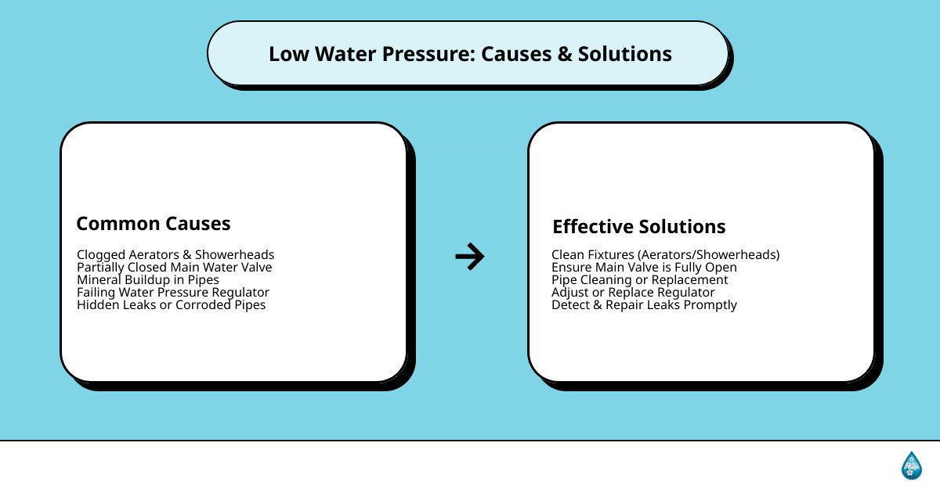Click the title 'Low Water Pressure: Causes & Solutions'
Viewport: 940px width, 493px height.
470,54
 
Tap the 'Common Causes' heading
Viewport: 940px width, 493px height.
154,224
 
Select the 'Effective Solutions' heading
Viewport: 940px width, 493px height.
639,227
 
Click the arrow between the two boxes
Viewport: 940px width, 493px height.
470,256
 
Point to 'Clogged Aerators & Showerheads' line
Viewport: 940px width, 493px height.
175,255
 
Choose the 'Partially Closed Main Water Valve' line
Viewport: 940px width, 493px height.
174,268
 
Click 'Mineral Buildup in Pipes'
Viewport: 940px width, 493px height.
148,280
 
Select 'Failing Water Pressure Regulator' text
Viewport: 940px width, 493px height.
173,293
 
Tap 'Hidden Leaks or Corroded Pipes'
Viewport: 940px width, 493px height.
172,305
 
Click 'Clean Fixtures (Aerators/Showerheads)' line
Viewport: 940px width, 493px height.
666,255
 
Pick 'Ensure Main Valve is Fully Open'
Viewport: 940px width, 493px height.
644,268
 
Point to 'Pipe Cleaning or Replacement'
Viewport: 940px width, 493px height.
640,280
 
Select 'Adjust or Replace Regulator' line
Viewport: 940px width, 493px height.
633,293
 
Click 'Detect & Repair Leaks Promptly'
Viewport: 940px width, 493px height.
644,305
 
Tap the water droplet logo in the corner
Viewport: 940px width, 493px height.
911,465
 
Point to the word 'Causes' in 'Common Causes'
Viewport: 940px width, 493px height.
198,224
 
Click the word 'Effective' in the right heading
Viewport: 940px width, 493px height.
592,227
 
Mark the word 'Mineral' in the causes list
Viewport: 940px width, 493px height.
99,280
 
